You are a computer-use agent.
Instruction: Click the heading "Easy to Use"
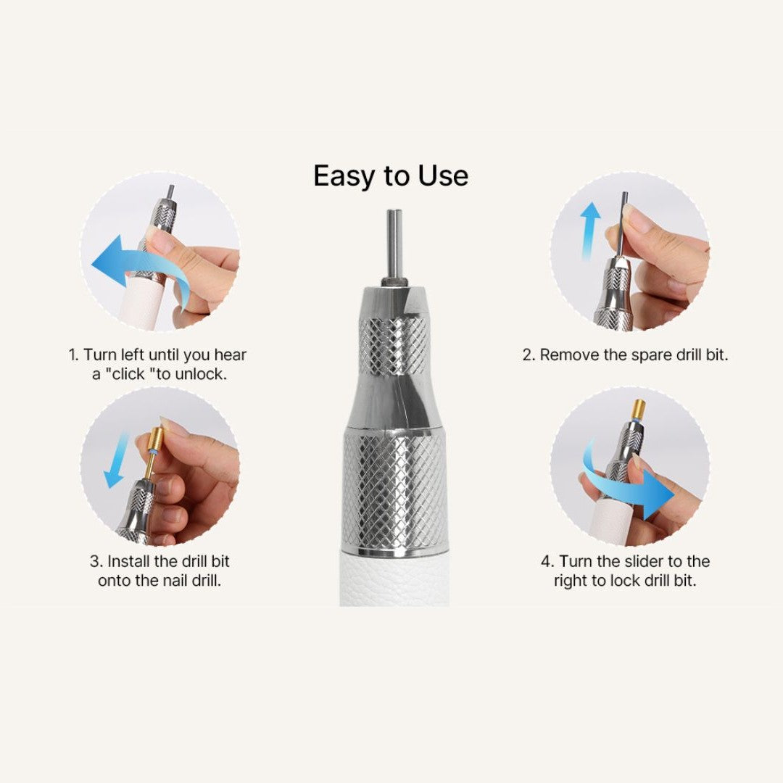[391, 175]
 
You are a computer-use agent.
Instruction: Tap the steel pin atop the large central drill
[394, 247]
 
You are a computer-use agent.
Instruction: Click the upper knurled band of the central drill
[394, 346]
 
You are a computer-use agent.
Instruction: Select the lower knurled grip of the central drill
[394, 492]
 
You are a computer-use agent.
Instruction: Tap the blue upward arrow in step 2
[591, 231]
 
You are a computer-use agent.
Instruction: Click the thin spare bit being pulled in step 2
[622, 224]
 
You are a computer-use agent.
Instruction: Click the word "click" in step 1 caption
[128, 374]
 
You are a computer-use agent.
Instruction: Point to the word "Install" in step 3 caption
[128, 561]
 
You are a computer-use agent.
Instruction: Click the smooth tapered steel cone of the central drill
[394, 402]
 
